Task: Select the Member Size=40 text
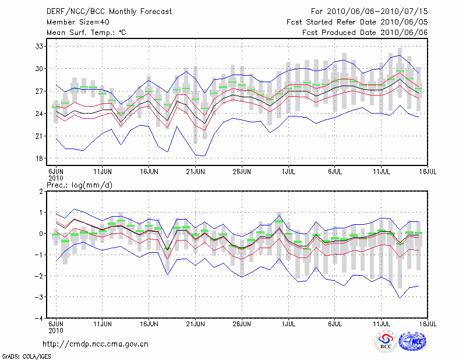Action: pyautogui.click(x=73, y=22)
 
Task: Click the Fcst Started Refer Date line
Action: pyautogui.click(x=357, y=22)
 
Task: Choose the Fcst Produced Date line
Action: pyautogui.click(x=365, y=33)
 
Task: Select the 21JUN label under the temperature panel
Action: pyautogui.click(x=196, y=171)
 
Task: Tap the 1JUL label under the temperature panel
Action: pyautogui.click(x=288, y=171)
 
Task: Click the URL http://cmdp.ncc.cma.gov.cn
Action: pyautogui.click(x=96, y=344)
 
